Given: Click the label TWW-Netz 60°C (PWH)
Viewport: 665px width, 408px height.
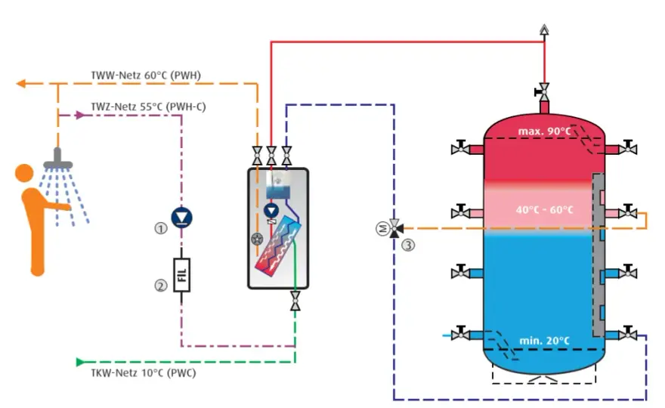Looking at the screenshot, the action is pyautogui.click(x=146, y=76).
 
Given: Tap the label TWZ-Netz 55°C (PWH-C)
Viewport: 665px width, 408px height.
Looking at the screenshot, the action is pyautogui.click(x=148, y=107).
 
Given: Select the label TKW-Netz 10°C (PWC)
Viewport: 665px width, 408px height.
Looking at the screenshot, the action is pyautogui.click(x=144, y=373).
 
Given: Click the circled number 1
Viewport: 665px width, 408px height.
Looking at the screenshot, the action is pyautogui.click(x=160, y=229).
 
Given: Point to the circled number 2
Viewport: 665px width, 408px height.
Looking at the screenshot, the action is pyautogui.click(x=160, y=286).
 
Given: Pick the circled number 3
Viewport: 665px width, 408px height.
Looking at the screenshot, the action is pyautogui.click(x=408, y=245).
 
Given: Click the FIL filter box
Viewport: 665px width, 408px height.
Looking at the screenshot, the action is pyautogui.click(x=181, y=275).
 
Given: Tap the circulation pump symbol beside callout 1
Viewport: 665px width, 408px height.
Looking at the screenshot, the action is pyautogui.click(x=182, y=217).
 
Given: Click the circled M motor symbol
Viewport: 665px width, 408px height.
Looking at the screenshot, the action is pyautogui.click(x=382, y=229).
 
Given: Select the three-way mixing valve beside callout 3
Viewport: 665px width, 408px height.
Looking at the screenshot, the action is pyautogui.click(x=394, y=229).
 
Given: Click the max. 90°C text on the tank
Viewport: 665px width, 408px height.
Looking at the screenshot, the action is pyautogui.click(x=545, y=131).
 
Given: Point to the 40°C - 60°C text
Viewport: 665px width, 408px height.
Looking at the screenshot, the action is pyautogui.click(x=545, y=209).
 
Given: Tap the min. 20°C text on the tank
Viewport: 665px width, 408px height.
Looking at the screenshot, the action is pyautogui.click(x=545, y=341).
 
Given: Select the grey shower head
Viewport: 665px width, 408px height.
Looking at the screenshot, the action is pyautogui.click(x=57, y=159).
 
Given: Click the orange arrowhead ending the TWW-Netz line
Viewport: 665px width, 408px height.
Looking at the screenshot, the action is pyautogui.click(x=21, y=84).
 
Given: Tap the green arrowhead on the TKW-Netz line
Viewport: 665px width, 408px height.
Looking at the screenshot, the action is pyautogui.click(x=80, y=362).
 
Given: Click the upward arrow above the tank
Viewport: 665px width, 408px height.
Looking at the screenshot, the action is pyautogui.click(x=544, y=29).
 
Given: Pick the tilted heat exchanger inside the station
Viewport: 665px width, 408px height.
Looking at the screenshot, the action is pyautogui.click(x=278, y=245).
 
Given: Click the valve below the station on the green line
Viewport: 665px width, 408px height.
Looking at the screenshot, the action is pyautogui.click(x=295, y=301).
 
